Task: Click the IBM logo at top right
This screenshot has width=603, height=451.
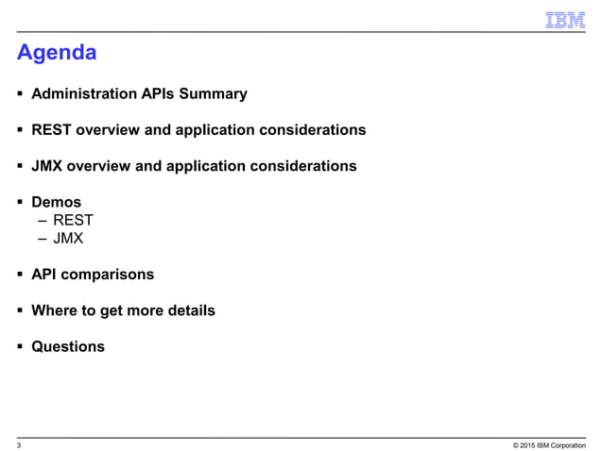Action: (x=565, y=20)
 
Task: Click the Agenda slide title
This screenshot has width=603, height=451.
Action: (x=57, y=53)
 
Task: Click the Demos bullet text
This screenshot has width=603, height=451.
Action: (x=56, y=202)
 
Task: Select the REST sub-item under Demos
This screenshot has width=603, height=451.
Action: (x=73, y=221)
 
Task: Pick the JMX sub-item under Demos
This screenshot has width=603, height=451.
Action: (x=68, y=239)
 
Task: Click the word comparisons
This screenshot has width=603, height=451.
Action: (x=108, y=275)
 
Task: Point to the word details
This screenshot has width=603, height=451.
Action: (x=188, y=310)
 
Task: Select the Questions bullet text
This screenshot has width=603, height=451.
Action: (x=68, y=346)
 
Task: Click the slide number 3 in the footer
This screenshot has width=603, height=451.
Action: (x=20, y=444)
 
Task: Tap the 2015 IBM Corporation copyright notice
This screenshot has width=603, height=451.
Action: (x=549, y=444)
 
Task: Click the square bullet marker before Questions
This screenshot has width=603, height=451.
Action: (x=20, y=346)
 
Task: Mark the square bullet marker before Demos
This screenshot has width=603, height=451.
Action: (x=20, y=202)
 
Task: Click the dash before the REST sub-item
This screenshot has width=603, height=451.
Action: (x=43, y=221)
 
